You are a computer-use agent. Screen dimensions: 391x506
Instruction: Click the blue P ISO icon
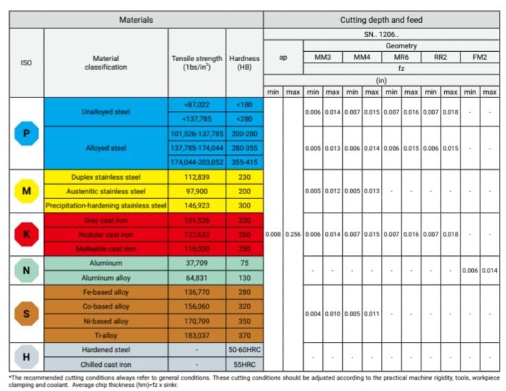tap(26, 133)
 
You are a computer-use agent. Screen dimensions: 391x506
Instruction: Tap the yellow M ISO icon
tap(26, 191)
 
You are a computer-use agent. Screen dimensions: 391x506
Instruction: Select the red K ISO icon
tap(26, 234)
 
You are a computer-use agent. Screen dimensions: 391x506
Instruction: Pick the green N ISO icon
tap(26, 270)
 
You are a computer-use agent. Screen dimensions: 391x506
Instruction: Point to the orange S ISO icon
tap(26, 314)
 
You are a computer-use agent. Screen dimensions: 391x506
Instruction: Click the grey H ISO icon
tap(26, 357)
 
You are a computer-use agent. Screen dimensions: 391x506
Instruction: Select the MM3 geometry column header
tap(322, 56)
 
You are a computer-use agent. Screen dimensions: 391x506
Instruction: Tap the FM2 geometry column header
tap(479, 56)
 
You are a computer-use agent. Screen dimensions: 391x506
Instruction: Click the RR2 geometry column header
tap(440, 56)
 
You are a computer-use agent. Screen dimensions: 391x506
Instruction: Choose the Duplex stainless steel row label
tap(105, 176)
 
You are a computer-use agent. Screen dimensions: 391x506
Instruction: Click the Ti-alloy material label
tap(105, 335)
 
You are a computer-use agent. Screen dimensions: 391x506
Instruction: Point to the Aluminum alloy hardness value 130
tap(244, 277)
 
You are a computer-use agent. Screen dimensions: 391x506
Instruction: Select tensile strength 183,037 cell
tap(196, 335)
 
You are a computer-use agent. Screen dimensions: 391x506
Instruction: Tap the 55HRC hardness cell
tap(244, 364)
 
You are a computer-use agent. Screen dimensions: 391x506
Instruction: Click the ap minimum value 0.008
tap(273, 234)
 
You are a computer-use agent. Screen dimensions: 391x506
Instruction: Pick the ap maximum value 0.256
tap(293, 234)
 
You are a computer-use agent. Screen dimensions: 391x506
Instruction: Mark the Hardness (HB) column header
tap(244, 63)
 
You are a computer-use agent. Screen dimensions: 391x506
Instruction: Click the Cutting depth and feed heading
tap(381, 20)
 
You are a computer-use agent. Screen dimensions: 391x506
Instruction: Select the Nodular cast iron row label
tap(105, 234)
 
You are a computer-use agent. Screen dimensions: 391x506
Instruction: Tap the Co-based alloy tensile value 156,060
tap(196, 306)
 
